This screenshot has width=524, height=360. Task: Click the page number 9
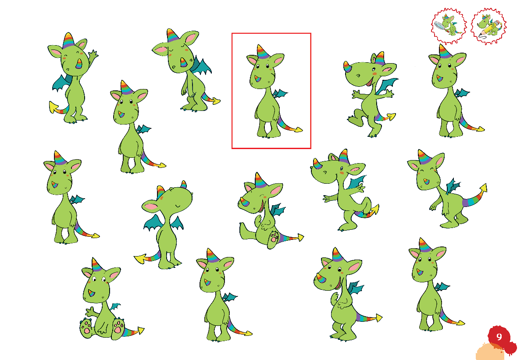(x=499, y=337)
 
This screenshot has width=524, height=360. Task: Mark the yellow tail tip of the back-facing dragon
(x=140, y=259)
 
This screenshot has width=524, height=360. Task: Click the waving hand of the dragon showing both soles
(x=89, y=312)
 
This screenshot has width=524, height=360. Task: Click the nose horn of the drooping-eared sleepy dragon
(x=183, y=63)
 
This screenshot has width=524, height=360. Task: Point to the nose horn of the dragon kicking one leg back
(x=316, y=164)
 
